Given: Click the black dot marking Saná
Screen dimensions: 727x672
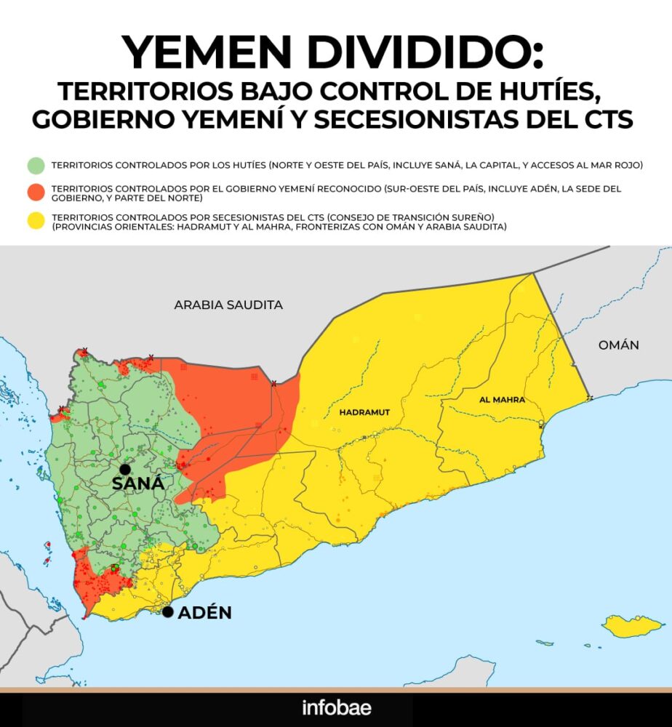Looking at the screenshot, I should (125, 470).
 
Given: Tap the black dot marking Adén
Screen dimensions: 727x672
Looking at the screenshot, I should (168, 612).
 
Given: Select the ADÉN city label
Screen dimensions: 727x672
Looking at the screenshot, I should (204, 613).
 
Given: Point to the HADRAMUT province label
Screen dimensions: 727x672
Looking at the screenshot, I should (365, 412).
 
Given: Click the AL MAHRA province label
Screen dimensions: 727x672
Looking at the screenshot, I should (502, 400).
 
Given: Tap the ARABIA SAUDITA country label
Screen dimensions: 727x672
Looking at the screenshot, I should (228, 305).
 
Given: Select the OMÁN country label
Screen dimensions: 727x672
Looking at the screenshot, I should (619, 345).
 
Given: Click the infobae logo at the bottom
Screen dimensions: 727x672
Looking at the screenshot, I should (336, 707).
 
